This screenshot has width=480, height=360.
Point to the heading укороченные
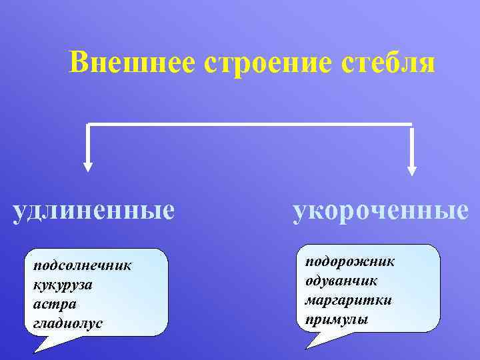380,211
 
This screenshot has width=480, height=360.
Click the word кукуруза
63,285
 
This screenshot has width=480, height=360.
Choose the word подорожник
350,261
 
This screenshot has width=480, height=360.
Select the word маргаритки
348,300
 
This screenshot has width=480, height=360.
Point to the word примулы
336,319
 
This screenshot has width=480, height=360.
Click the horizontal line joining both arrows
250,124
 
